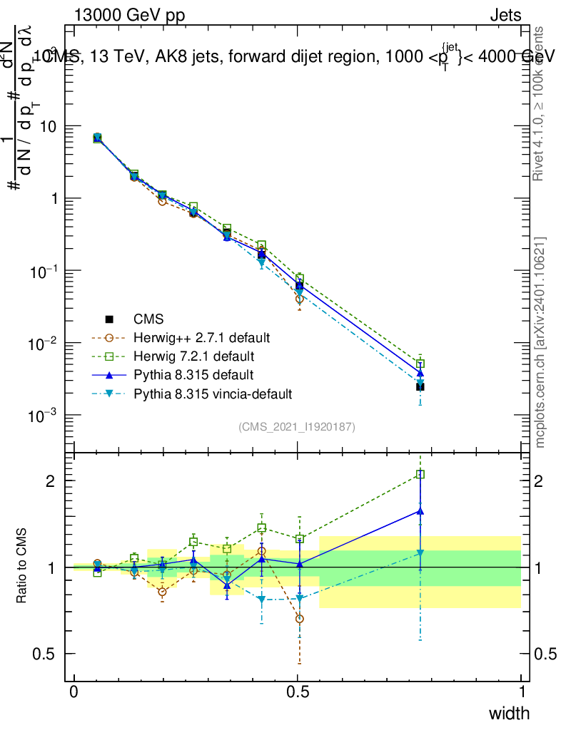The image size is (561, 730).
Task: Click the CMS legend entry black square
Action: pyautogui.click(x=108, y=319)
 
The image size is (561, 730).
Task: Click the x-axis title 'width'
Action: pyautogui.click(x=508, y=713)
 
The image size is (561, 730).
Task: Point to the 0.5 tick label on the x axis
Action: pyautogui.click(x=298, y=692)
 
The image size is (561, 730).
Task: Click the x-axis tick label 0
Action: pyautogui.click(x=74, y=692)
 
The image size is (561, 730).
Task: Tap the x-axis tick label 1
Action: pyautogui.click(x=521, y=692)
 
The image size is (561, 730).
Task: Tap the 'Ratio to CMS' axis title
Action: pyautogui.click(x=22, y=567)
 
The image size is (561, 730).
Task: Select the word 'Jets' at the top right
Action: pyautogui.click(x=505, y=16)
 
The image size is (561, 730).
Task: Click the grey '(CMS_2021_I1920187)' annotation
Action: pyautogui.click(x=297, y=427)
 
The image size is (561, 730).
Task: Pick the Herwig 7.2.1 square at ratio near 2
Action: pyautogui.click(x=420, y=474)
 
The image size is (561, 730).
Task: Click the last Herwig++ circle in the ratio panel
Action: pyautogui.click(x=300, y=619)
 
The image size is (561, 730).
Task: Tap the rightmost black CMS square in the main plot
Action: pyautogui.click(x=420, y=387)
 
